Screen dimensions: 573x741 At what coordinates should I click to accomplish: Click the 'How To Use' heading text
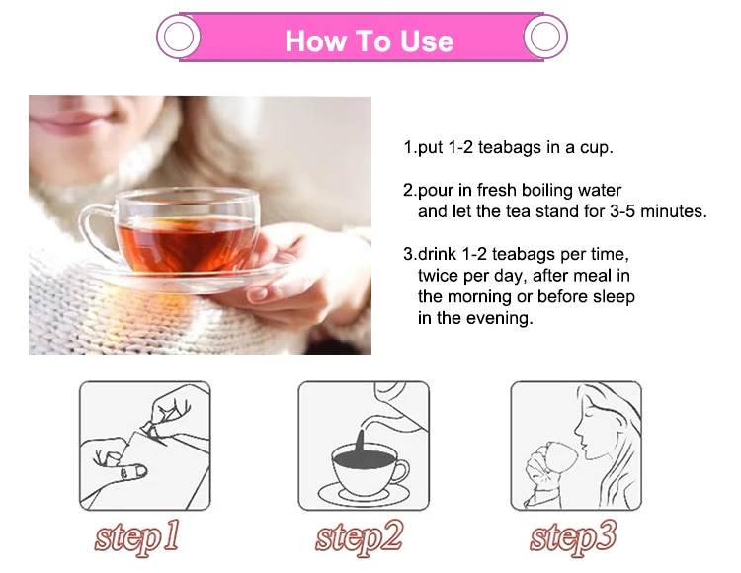point(369,41)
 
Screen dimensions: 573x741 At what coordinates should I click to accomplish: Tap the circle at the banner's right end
point(544,38)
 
